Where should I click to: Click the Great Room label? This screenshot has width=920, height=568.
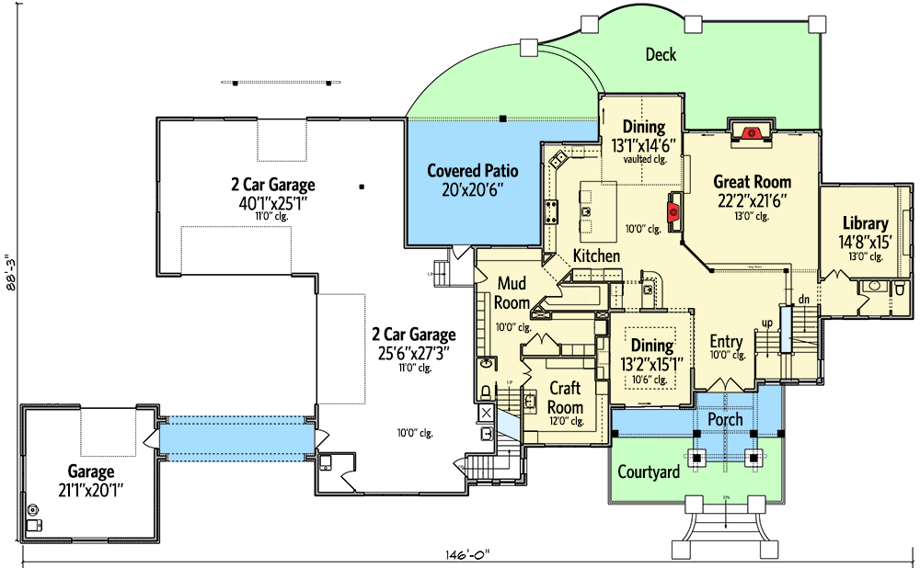752,182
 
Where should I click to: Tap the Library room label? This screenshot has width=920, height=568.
865,223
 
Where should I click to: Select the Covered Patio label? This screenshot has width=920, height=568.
473,171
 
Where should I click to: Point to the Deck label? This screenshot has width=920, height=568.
660,55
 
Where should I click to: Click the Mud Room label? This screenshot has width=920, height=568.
512,293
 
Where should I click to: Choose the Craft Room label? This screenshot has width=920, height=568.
565,398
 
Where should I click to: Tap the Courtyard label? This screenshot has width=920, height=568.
648,472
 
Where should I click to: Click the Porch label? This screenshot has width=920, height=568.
725,420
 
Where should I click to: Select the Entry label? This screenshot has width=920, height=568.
726,342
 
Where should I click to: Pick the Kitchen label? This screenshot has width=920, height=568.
596,256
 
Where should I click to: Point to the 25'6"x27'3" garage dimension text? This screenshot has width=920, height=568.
413,352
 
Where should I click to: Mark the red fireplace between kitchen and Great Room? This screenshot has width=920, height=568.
673,211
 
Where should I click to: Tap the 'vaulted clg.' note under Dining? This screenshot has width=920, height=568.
643,159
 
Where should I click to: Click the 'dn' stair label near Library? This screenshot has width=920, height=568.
801,299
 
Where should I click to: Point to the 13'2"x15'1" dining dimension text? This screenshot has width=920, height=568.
650,363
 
